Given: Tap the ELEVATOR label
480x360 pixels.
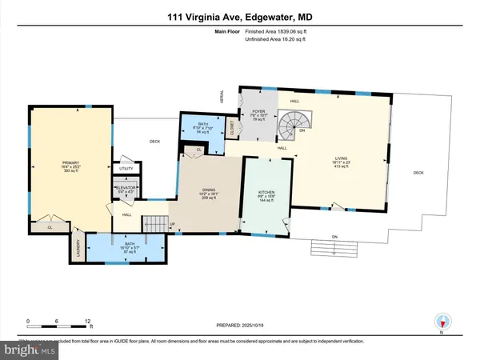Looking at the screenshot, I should click(x=125, y=189).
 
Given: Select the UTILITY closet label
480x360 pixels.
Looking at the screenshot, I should click(x=126, y=169).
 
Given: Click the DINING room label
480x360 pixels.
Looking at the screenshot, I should click(x=210, y=191).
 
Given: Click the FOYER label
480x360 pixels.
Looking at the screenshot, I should click(x=258, y=113).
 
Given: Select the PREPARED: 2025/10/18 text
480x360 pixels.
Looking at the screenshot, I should click(x=239, y=325).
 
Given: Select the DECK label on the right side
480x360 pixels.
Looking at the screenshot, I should click(x=418, y=173).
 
